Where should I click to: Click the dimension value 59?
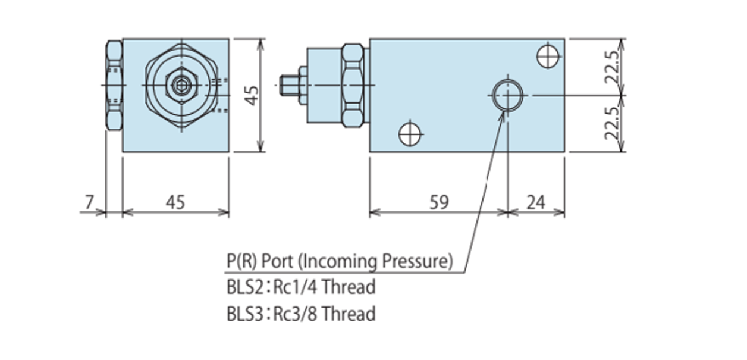pos(439,202)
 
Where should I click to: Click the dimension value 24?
pos(535,202)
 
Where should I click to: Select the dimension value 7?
pos(89,202)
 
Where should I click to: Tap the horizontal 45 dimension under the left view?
pos(175,202)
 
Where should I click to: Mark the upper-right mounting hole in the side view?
pos(547,57)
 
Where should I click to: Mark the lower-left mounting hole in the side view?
pos(410,133)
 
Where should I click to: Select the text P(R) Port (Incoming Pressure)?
pos(340,261)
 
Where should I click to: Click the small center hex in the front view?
pos(181,86)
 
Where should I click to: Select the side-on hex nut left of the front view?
pos(114,85)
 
